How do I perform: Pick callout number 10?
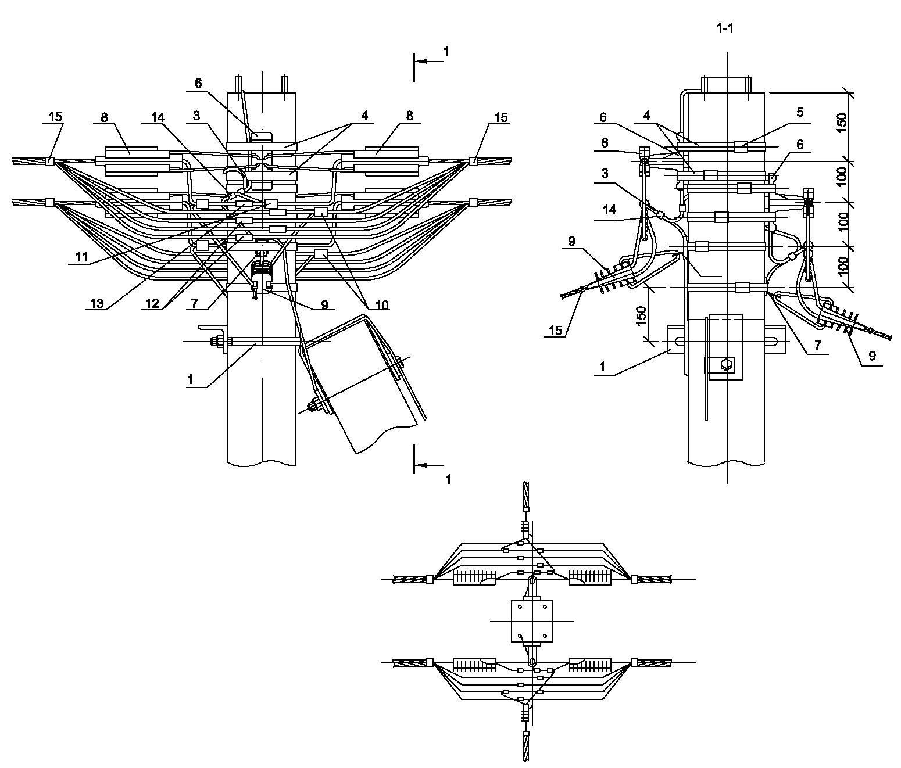[381, 305]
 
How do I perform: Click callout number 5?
[800, 112]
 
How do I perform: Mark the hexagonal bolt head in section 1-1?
[725, 365]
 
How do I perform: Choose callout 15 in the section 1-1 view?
[556, 331]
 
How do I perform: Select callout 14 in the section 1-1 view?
[609, 210]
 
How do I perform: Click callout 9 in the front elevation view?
[324, 304]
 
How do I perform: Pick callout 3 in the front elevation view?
[197, 116]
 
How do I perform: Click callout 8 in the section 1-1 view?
[604, 143]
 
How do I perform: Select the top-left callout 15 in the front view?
[55, 117]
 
